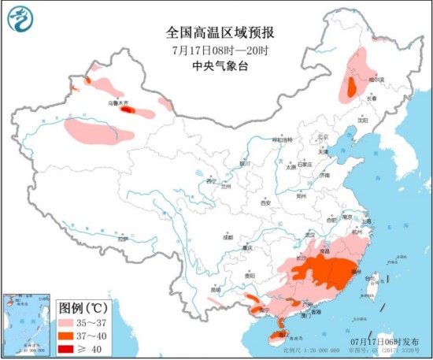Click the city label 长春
tap(372, 98)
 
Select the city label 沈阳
tap(361, 121)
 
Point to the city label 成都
tap(228, 236)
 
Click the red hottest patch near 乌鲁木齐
tap(126, 111)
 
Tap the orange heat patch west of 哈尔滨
tap(348, 87)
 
